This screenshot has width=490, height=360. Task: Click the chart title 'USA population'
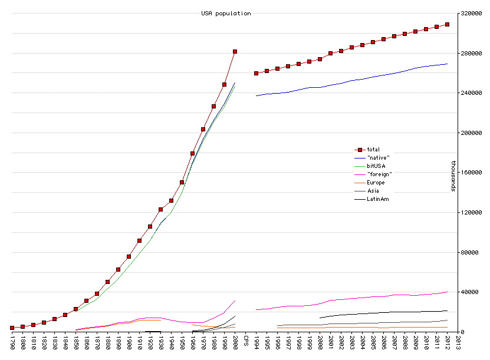pos(226,14)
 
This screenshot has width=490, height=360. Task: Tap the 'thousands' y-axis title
pos(453,176)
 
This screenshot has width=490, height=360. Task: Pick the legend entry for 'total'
pos(373,150)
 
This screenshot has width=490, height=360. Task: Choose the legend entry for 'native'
pos(378,158)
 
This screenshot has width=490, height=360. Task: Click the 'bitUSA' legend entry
pos(376,166)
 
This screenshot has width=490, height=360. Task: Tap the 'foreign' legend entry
pos(379,174)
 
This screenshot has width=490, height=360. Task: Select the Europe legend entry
pos(376,183)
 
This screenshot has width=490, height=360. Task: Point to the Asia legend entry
pos(373,191)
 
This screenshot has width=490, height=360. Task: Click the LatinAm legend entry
pos(378,199)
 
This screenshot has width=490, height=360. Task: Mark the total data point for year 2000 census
pos(235,52)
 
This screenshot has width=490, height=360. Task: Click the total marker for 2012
pos(448,24)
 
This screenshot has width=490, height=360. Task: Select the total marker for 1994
pos(256,73)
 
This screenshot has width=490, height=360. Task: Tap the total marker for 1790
pos(12,328)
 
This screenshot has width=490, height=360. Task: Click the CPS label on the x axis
pos(246,341)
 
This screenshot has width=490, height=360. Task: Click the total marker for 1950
pos(182,182)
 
